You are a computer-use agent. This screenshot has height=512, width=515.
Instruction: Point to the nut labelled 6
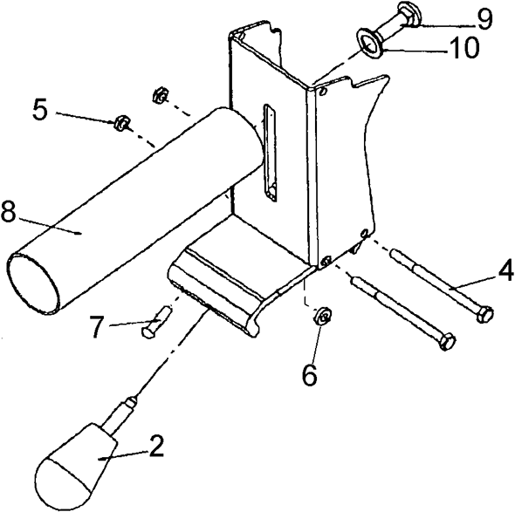pos(319,316)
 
